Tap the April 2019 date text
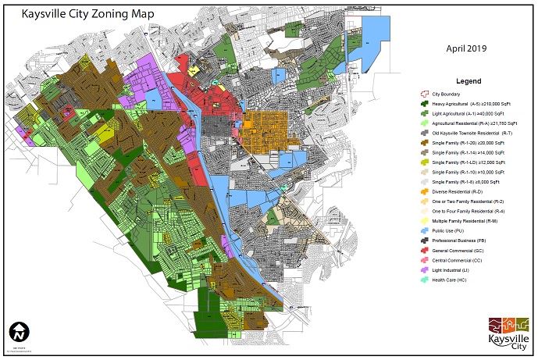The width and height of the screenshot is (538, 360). pos(466,48)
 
